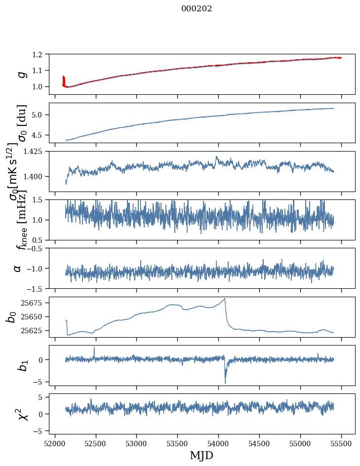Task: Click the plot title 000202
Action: (197, 8)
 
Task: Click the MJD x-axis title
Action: (201, 456)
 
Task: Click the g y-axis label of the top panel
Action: (21, 74)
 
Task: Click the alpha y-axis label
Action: (18, 268)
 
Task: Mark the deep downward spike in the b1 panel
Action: (225, 382)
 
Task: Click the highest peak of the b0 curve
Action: (225, 299)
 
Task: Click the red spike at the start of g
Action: (64, 79)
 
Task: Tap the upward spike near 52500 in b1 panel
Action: (94, 348)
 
